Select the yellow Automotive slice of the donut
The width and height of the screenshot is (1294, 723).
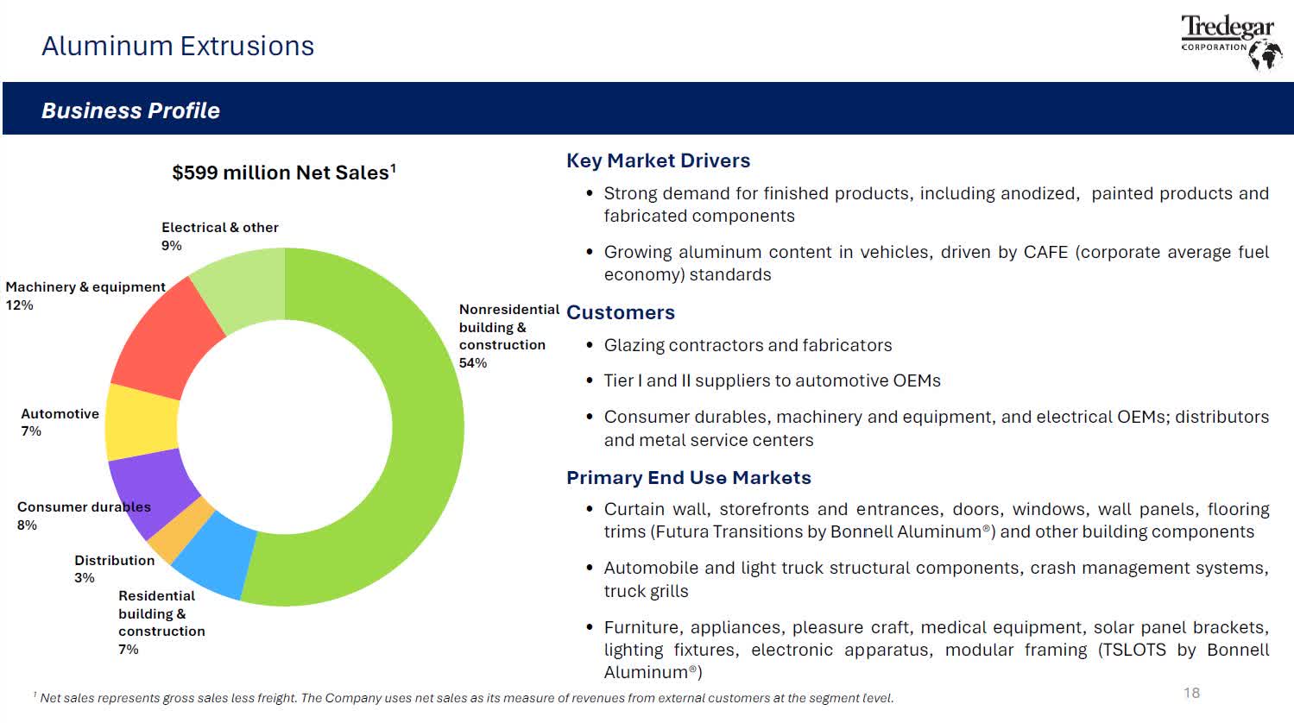coord(142,422)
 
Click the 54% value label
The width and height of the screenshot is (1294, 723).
coord(472,363)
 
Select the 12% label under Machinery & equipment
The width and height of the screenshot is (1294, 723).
coord(20,305)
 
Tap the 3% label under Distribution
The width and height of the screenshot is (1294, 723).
coord(85,578)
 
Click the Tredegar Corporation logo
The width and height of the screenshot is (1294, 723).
coord(1231,41)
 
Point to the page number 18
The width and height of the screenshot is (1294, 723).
coord(1191,693)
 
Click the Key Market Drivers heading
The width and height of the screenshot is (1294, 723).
coord(658,160)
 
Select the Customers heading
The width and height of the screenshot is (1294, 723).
coord(621,312)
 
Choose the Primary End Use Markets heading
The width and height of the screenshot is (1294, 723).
coord(689,478)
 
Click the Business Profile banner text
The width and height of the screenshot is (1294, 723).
coord(130,110)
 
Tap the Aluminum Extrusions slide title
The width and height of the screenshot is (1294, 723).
coord(178,47)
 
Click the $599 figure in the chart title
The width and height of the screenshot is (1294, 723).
coord(195,173)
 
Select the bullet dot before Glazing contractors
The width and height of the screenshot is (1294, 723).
coord(590,345)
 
